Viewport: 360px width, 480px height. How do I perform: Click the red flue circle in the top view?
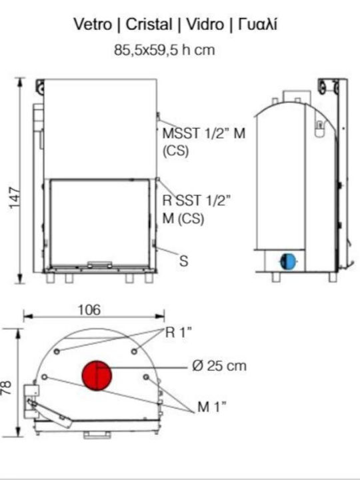coord(97,375)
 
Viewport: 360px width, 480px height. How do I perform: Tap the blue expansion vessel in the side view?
coord(288,262)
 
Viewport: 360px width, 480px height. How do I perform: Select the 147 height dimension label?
coord(15,198)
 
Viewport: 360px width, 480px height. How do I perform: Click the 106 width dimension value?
coord(89,310)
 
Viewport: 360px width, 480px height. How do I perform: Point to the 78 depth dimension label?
coord(6,387)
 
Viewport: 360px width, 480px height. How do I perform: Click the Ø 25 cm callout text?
coord(219,366)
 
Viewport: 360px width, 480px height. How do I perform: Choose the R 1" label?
coord(179,333)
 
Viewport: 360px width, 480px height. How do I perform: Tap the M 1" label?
coord(212,407)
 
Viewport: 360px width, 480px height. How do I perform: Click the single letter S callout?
coord(183,261)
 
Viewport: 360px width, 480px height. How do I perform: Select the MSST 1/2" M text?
coord(204,133)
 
